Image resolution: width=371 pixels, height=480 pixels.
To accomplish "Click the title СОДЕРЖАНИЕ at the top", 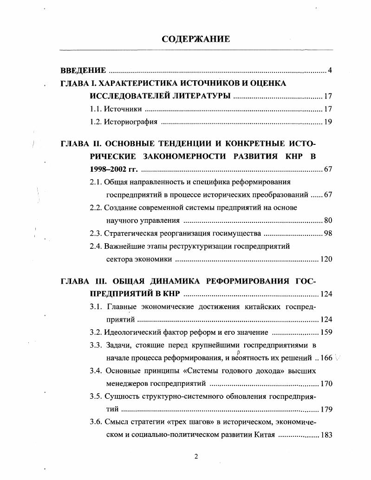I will pyautogui.click(x=195, y=39).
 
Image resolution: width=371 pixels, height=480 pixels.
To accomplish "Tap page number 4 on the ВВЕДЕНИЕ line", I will pyautogui.click(x=329, y=71).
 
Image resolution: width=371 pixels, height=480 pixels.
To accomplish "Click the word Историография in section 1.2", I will pyautogui.click(x=130, y=123).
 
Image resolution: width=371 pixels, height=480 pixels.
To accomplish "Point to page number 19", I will pyautogui.click(x=328, y=123).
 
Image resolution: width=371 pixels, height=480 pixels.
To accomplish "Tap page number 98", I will pyautogui.click(x=328, y=233).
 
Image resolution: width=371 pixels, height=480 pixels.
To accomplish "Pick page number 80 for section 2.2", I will pyautogui.click(x=328, y=221).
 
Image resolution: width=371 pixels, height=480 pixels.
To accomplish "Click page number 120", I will pyautogui.click(x=326, y=259).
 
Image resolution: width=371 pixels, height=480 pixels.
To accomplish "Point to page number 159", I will pyautogui.click(x=326, y=332).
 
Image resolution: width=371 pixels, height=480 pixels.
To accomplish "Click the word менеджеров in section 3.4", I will pyautogui.click(x=129, y=384).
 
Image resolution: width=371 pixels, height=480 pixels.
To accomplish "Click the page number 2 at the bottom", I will pyautogui.click(x=196, y=457).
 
